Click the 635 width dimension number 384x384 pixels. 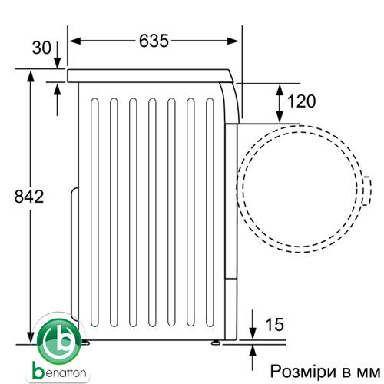pyautogui.click(x=154, y=41)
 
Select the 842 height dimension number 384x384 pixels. pyautogui.click(x=29, y=197)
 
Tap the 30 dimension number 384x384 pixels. pyautogui.click(x=41, y=48)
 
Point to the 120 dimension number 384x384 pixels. pyautogui.click(x=301, y=101)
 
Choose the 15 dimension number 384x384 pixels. pyautogui.click(x=275, y=325)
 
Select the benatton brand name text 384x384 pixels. pyautogui.click(x=59, y=372)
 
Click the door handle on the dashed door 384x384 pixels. pyautogui.click(x=368, y=191)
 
